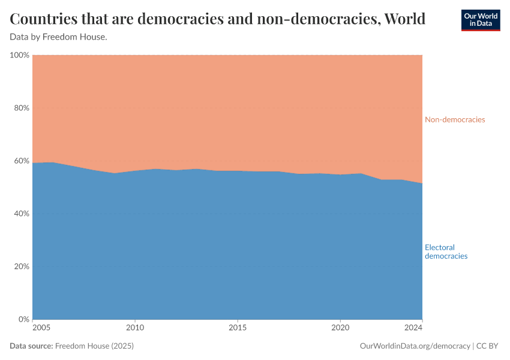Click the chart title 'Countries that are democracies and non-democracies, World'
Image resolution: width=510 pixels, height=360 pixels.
point(218,19)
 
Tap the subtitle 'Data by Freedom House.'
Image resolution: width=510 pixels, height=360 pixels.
point(58,37)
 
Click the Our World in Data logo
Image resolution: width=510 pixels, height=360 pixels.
point(480,20)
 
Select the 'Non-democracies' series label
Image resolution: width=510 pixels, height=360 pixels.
point(455,119)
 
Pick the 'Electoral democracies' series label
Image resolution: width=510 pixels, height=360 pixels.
point(446,251)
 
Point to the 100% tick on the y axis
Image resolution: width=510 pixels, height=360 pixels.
point(20,55)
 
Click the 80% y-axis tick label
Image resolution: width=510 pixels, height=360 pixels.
point(22,108)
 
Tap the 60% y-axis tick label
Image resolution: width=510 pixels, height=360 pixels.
point(22,161)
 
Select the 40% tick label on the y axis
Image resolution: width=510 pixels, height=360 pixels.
point(22,214)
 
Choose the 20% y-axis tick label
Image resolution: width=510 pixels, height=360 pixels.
point(22,266)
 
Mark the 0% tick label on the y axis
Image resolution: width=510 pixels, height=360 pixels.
point(23,319)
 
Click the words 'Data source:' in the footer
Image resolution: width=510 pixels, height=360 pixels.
point(31,346)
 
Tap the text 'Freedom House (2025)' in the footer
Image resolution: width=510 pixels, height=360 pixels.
point(94,346)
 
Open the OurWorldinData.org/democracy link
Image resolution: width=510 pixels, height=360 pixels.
point(415,346)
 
